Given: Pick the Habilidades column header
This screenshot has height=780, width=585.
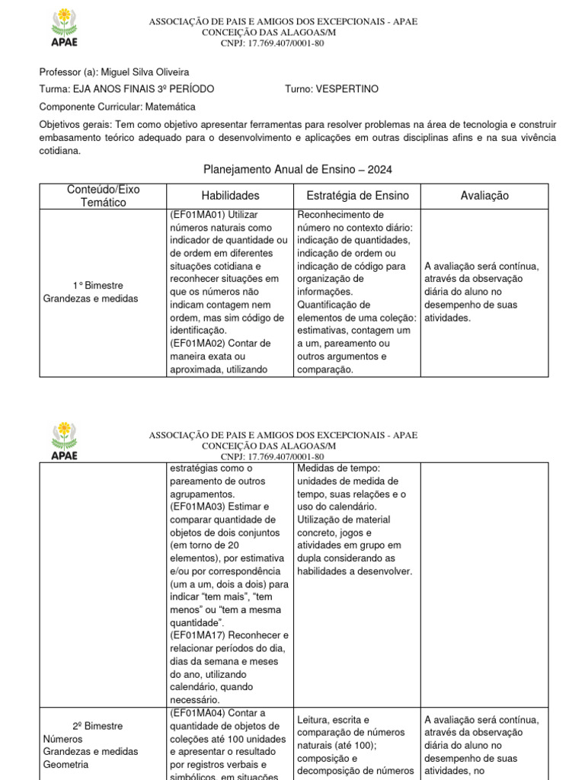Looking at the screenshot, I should click(x=230, y=196).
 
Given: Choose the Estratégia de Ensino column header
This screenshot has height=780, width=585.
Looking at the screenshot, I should click(x=356, y=196).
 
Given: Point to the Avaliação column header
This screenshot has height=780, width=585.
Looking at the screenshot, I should click(x=484, y=196).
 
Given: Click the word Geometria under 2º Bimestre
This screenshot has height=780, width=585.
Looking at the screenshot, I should click(x=66, y=764).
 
